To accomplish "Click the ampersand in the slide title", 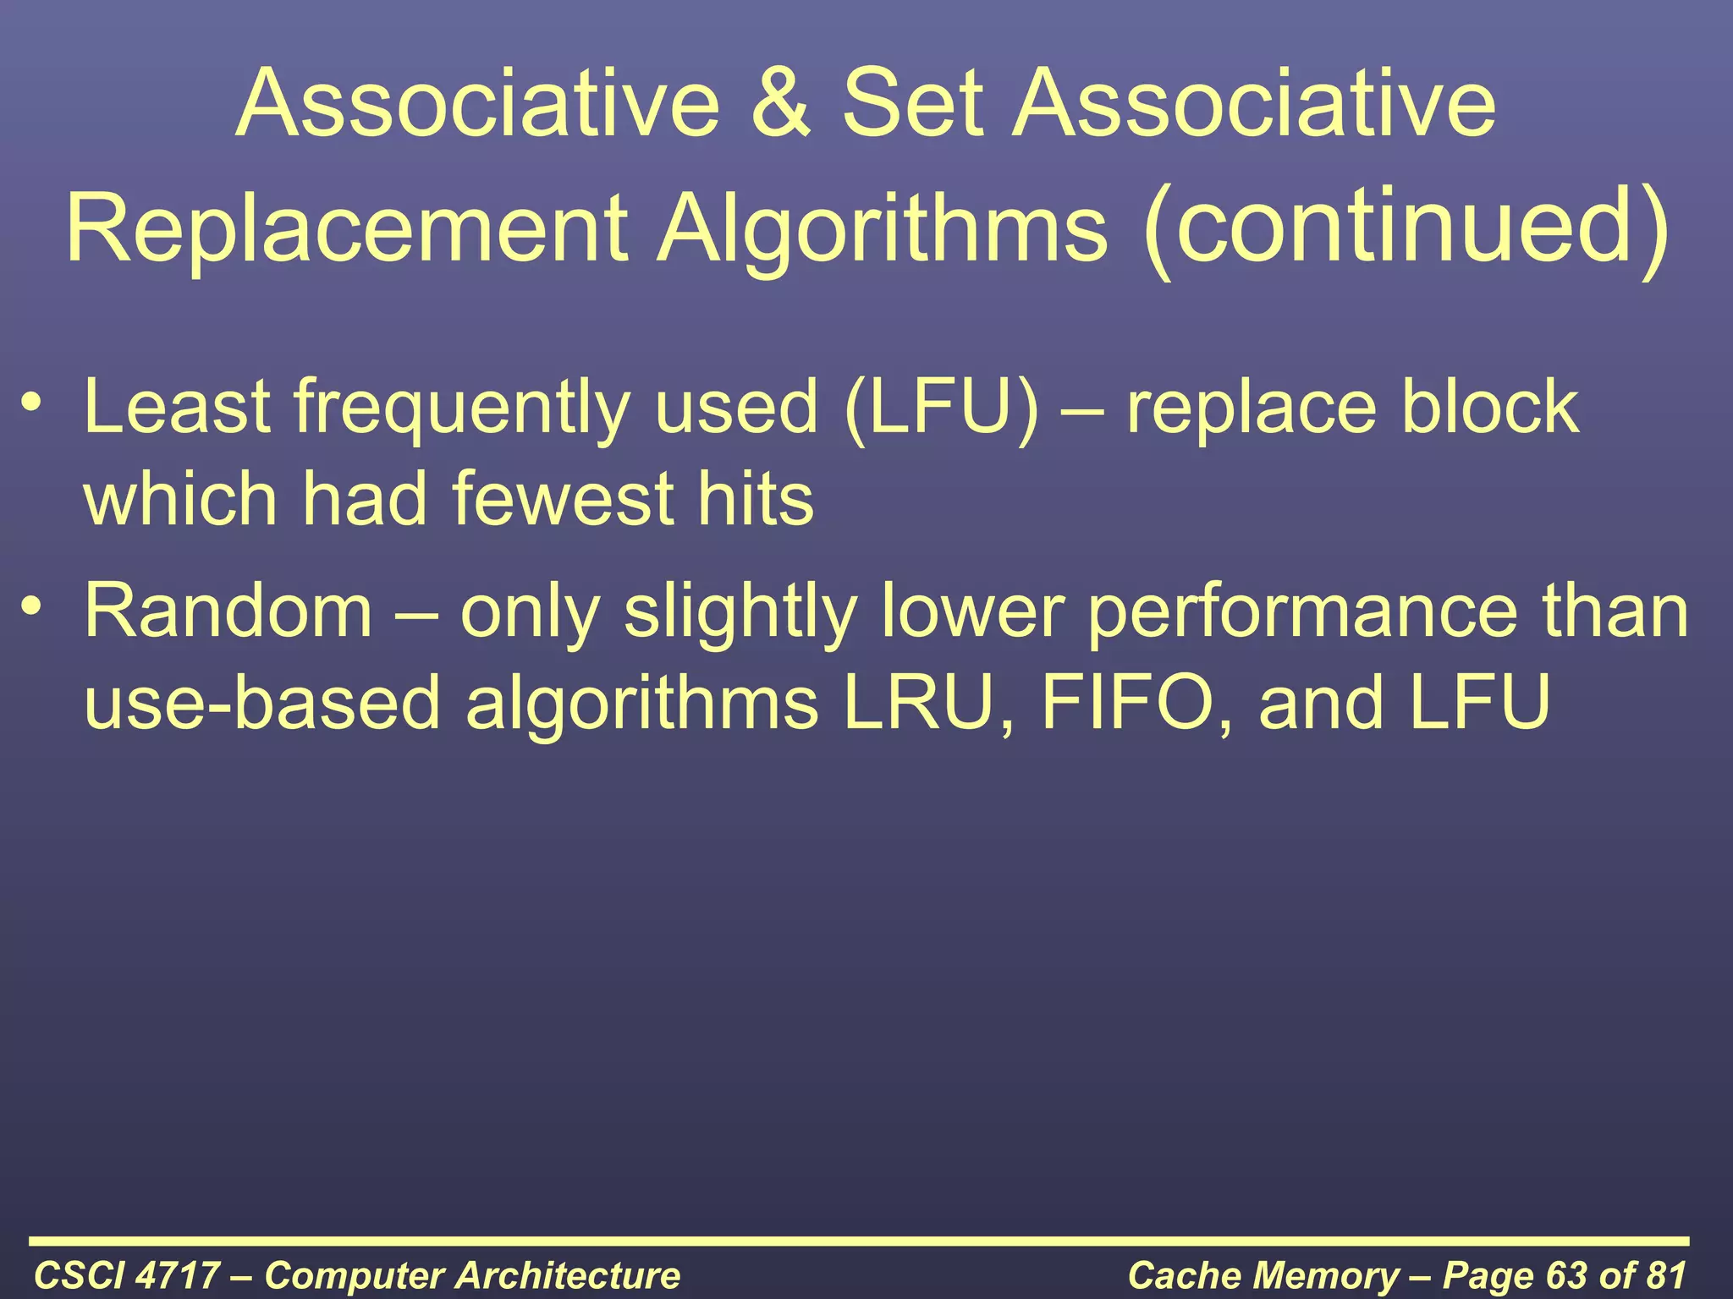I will [780, 104].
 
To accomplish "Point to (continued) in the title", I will [1406, 227].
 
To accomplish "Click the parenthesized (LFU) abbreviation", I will [941, 408].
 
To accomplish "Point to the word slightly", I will [740, 612].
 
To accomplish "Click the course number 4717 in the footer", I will [178, 1275].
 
